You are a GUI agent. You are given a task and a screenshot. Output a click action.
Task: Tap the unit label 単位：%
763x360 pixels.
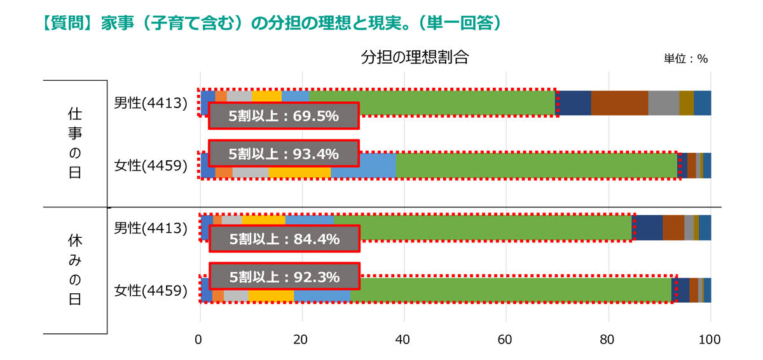coord(685,59)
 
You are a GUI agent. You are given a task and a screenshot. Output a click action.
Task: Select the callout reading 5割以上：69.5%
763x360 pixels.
coord(284,116)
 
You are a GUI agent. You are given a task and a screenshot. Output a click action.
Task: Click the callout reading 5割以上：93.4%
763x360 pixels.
coord(284,153)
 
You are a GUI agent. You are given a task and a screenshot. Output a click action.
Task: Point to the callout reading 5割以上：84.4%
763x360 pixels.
coord(284,239)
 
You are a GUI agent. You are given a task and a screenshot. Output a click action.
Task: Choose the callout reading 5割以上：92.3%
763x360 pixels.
coord(284,277)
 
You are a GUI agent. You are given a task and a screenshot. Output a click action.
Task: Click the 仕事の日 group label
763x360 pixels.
coord(74,143)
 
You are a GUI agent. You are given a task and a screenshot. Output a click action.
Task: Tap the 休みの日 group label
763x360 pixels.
coord(74,270)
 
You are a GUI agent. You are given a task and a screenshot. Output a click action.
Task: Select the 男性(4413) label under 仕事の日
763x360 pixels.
coord(151,102)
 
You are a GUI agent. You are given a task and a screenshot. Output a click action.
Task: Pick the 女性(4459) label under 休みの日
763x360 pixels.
coord(151,291)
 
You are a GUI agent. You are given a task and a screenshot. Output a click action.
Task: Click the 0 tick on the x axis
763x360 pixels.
coord(200,340)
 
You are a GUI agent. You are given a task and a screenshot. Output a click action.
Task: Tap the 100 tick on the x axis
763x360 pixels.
coord(710,340)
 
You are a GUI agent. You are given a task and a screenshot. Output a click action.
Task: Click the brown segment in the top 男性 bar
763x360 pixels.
coord(619,102)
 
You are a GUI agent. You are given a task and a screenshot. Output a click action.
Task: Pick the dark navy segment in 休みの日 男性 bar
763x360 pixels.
coord(649,228)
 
